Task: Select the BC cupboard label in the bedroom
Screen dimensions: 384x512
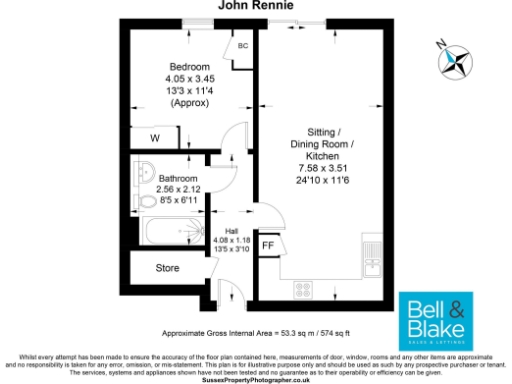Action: click(x=242, y=46)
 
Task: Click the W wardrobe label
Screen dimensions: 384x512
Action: click(x=155, y=139)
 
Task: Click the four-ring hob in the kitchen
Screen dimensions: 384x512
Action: click(x=305, y=290)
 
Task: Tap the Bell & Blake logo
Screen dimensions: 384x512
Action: click(x=434, y=319)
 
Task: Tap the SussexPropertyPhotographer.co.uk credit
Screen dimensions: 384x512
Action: click(x=255, y=380)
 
